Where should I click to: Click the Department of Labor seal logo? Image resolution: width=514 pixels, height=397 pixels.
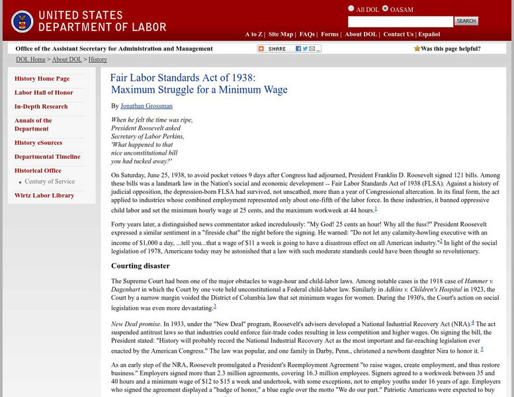[x=22, y=21]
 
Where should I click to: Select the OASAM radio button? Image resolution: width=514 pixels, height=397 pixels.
[x=385, y=9]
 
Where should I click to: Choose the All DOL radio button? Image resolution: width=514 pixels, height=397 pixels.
[x=351, y=9]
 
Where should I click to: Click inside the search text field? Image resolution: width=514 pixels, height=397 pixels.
[x=400, y=21]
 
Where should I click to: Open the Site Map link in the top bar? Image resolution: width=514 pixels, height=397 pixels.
[x=281, y=34]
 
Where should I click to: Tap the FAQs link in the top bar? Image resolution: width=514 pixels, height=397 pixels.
[x=307, y=34]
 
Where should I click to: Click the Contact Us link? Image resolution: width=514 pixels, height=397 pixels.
[x=398, y=34]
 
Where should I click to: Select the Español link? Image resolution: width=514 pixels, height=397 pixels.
[x=429, y=34]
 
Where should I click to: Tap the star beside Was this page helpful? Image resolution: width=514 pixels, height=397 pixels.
[x=417, y=48]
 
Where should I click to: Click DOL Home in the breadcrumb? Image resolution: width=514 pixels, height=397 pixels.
[x=30, y=60]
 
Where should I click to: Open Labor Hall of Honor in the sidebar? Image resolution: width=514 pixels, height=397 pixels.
[x=44, y=93]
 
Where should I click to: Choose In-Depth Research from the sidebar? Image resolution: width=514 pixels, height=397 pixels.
[x=41, y=107]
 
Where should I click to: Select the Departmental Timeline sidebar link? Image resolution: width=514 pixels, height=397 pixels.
[x=47, y=157]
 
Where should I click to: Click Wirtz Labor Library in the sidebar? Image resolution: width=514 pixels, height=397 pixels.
[x=44, y=195]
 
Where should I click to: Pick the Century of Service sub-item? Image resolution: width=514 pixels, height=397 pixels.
[x=50, y=181]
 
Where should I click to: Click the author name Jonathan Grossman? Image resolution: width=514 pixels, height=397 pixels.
[x=146, y=106]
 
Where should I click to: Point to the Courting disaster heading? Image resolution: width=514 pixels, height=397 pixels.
[x=140, y=266]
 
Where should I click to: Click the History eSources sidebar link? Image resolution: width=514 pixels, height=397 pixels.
[x=38, y=143]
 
